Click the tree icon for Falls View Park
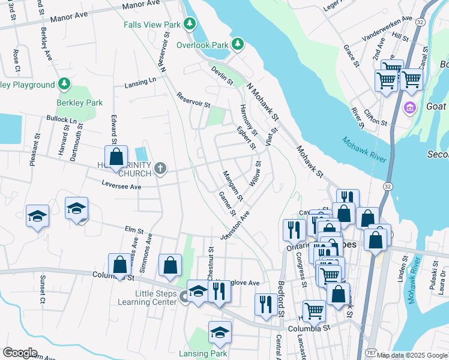pyautogui.click(x=190, y=24)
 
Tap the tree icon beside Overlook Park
pyautogui.click(x=238, y=44)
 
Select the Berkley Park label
pyautogui.click(x=80, y=103)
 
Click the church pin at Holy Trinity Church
pyautogui.click(x=160, y=169)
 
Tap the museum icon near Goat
pyautogui.click(x=410, y=109)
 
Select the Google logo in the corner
pyautogui.click(x=20, y=353)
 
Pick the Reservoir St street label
pyautogui.click(x=193, y=100)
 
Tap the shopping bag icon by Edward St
pyautogui.click(x=116, y=158)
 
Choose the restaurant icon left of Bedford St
pyautogui.click(x=265, y=304)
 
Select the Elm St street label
pyautogui.click(x=131, y=229)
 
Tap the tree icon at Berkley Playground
pyautogui.click(x=64, y=83)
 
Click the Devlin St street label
pyautogui.click(x=222, y=76)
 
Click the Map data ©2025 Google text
pyautogui.click(x=412, y=355)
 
